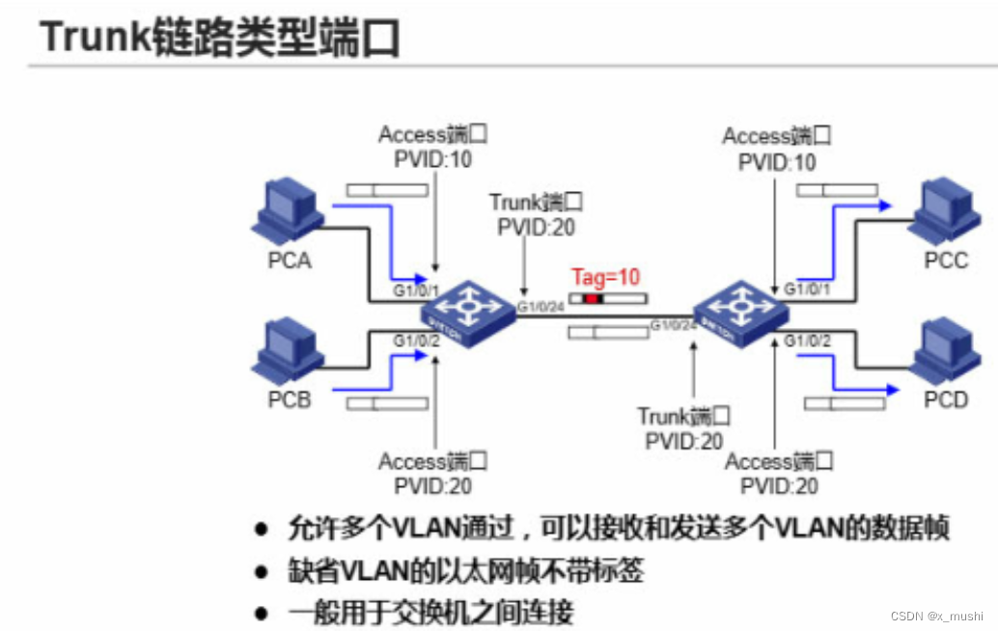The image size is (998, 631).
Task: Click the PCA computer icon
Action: (x=287, y=214)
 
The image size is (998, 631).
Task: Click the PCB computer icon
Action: (x=287, y=353)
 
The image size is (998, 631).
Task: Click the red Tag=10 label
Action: (x=605, y=278)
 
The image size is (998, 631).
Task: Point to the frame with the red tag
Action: (x=609, y=299)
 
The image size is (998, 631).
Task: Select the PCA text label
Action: (x=290, y=260)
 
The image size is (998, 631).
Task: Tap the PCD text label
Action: (x=945, y=398)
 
